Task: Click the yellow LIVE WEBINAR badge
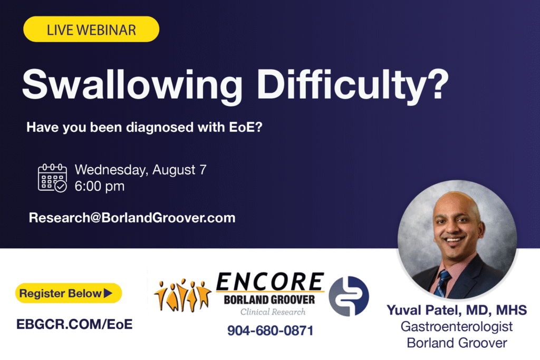tap(91, 30)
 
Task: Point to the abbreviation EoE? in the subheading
tap(246, 127)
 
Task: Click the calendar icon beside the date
tap(52, 178)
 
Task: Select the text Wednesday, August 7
tap(140, 170)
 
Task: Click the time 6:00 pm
tap(100, 186)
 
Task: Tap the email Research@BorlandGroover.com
tap(132, 218)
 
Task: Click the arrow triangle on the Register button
tap(108, 293)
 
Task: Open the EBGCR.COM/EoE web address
tap(74, 324)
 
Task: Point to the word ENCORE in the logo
tap(270, 282)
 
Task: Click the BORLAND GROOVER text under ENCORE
tap(269, 300)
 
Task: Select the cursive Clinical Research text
tap(273, 312)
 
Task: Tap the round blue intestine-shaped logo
tap(349, 296)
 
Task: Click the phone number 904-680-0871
tap(271, 330)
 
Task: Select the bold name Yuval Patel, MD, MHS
tap(457, 310)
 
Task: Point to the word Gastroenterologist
tap(457, 327)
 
